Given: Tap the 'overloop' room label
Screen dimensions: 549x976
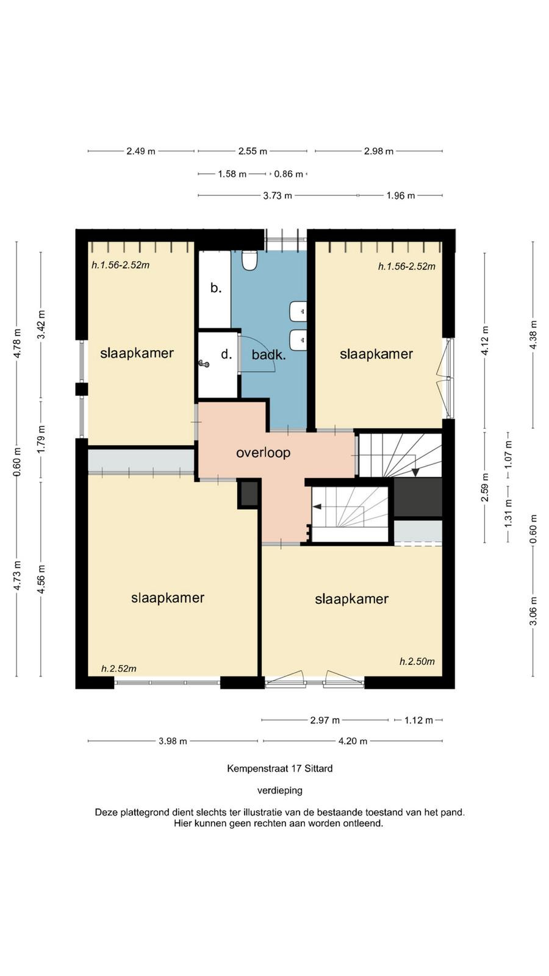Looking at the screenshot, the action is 263,453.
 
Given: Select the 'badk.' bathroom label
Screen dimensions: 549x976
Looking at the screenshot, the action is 268,354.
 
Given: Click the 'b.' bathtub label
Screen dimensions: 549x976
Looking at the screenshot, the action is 216,287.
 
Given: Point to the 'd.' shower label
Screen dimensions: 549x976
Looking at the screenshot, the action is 226,354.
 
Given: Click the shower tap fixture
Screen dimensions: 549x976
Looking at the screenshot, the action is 204,363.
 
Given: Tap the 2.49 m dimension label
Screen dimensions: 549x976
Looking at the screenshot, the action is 141,151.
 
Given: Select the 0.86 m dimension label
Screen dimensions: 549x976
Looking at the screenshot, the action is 289,174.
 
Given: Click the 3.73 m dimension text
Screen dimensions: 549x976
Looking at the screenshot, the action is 278,196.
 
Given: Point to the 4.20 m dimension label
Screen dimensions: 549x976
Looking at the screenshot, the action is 353,741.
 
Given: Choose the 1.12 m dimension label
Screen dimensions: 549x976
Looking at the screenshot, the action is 418,720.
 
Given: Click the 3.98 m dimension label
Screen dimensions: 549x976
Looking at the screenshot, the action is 173,741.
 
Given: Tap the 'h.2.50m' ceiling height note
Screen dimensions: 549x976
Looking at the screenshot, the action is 417,661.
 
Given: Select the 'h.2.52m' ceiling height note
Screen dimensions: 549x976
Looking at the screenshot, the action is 118,669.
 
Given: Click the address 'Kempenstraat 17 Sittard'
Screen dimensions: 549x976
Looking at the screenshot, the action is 280,769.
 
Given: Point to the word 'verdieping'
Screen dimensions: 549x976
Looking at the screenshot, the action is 280,791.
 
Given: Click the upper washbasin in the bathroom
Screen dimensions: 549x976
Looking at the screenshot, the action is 298,312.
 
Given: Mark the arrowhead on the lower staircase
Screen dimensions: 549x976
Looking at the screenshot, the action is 317,507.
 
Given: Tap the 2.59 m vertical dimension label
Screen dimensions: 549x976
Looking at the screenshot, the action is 484,487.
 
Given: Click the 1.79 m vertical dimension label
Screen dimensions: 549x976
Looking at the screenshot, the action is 41,439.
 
